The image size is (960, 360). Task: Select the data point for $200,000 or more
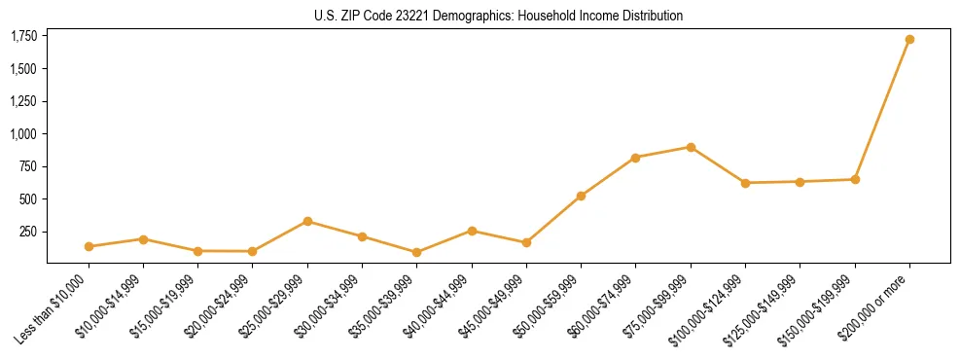909,39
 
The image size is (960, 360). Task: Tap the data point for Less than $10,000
89,246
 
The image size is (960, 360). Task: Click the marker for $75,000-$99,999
691,147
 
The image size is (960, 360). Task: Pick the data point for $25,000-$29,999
307,221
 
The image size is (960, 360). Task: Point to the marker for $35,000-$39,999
417,252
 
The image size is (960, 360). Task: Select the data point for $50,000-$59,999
581,196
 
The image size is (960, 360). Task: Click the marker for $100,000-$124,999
745,183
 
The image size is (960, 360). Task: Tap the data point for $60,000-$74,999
635,158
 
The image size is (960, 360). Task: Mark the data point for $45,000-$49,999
526,242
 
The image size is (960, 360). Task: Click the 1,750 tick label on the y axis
22,36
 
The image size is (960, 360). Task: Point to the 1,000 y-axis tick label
22,134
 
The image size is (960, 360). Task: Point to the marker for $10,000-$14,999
143,238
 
